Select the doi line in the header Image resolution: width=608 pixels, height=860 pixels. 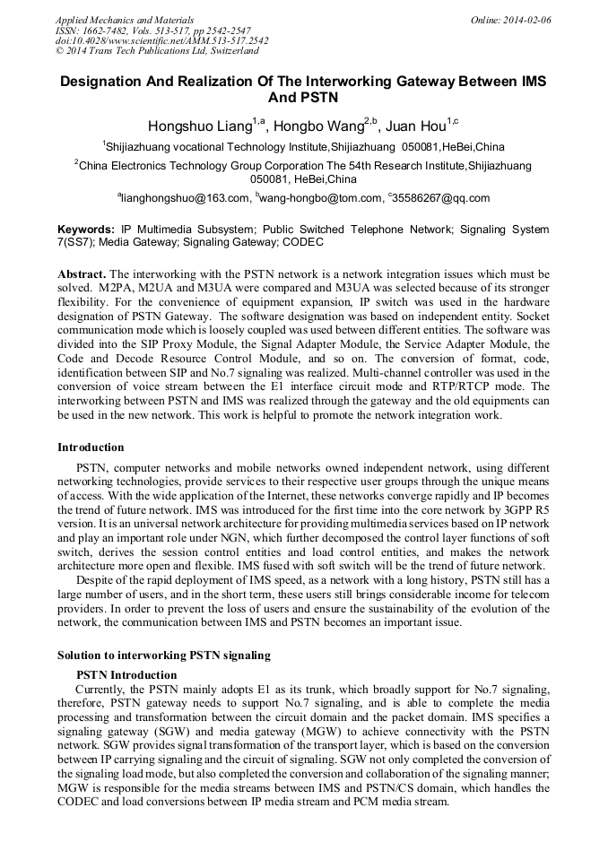point(161,40)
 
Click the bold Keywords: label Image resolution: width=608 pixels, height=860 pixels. point(86,230)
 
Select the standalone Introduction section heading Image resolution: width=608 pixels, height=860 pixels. point(91,447)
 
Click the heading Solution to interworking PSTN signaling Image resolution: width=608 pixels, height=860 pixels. point(163,656)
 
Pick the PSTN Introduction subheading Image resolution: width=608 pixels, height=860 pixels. point(126,674)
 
